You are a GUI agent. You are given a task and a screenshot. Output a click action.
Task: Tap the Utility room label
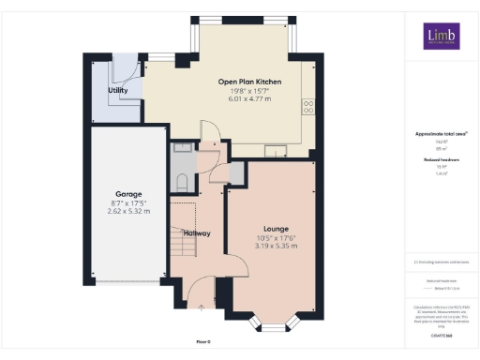tap(118, 90)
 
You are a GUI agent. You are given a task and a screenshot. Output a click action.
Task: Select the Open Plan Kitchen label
tap(250, 82)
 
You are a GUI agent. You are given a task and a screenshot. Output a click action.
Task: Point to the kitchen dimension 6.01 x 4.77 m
tap(250, 98)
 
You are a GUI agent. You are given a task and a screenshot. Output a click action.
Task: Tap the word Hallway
tap(197, 233)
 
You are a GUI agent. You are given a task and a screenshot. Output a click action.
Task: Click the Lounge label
tap(276, 229)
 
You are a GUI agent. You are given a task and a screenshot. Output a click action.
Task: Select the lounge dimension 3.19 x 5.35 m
tap(276, 247)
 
